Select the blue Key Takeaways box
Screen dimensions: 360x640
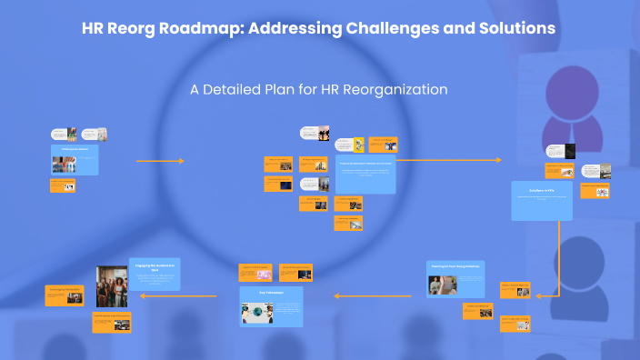tap(271, 306)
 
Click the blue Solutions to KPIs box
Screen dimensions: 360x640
tap(542, 200)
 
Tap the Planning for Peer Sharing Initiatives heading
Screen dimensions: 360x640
tap(457, 265)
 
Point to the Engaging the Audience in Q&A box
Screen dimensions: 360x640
tap(155, 274)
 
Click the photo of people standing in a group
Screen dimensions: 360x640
tap(111, 285)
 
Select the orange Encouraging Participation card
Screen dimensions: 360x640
tap(63, 295)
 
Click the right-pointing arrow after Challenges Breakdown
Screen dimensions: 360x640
tap(160, 161)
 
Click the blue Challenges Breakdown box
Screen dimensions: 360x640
tap(75, 159)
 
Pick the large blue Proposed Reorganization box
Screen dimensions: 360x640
tap(365, 173)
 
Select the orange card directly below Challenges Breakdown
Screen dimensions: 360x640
tap(63, 185)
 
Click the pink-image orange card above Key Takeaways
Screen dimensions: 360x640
tap(255, 272)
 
